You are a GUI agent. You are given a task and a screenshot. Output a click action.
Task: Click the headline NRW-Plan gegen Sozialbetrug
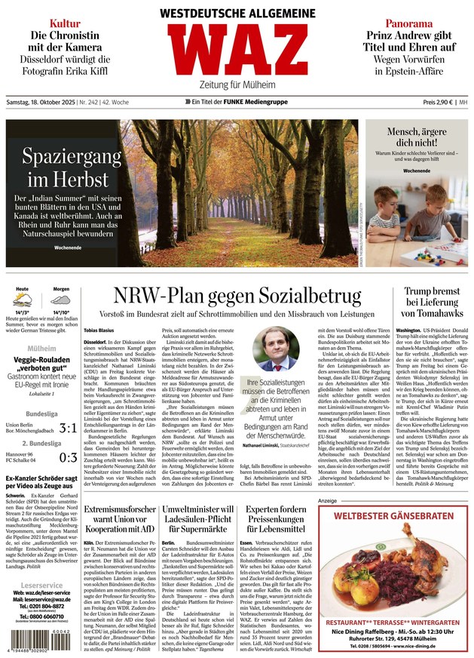[x=227, y=298]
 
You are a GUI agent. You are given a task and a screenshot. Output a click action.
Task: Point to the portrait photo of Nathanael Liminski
[x=275, y=349]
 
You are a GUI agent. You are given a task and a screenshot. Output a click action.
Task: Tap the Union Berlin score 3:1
[x=69, y=428]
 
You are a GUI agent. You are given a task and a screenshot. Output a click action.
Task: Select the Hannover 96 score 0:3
[x=69, y=457]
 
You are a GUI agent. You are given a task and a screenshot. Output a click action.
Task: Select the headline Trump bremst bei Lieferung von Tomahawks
[x=431, y=302]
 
